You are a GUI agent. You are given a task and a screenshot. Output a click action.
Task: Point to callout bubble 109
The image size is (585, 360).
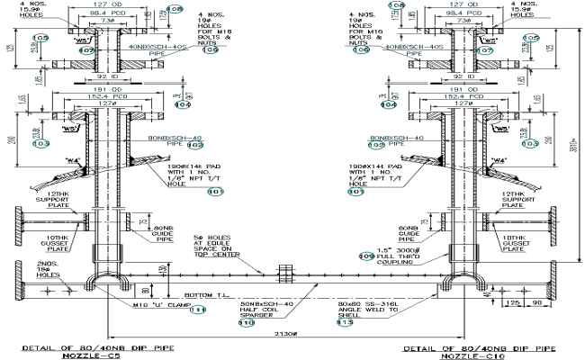pos(366,256)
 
